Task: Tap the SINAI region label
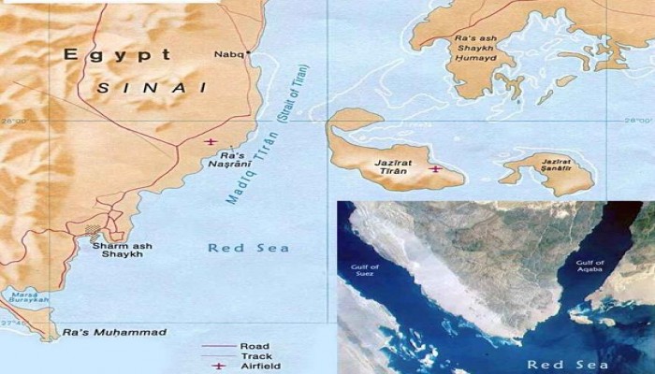coord(151,87)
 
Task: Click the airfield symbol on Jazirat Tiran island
coord(435,169)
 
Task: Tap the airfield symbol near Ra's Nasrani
coord(210,142)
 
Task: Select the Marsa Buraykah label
coord(29,299)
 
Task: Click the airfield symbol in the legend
coord(221,367)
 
